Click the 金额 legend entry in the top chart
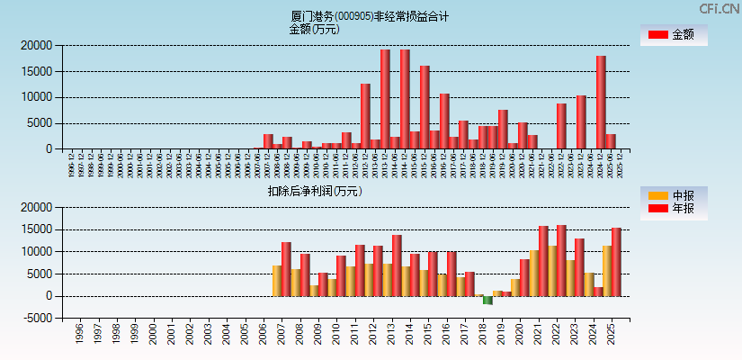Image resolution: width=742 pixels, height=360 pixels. tap(674, 34)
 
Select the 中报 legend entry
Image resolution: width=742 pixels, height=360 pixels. tap(674, 195)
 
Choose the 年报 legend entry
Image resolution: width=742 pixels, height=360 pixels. tap(674, 209)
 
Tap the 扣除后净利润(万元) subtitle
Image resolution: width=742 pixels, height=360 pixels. tap(315, 191)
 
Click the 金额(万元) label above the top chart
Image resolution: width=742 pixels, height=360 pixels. tap(314, 29)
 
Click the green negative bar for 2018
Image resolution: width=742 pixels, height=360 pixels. tap(487, 301)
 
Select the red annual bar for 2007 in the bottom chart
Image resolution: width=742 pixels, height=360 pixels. tap(286, 269)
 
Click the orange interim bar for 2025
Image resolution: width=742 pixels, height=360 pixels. tap(607, 271)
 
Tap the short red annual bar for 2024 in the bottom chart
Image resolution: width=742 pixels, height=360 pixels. tap(598, 292)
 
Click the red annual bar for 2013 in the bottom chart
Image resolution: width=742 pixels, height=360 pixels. tap(397, 265)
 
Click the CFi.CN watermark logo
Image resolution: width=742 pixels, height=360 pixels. tap(719, 9)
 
